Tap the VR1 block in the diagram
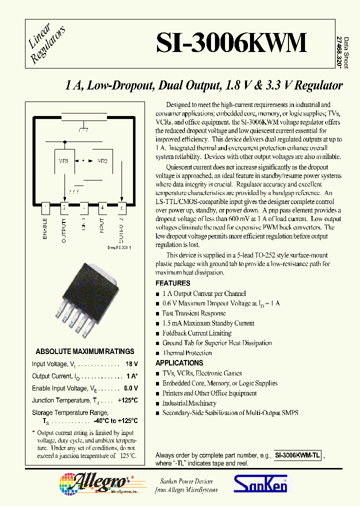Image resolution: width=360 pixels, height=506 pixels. (64, 161)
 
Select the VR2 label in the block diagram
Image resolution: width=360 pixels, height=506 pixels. (102, 161)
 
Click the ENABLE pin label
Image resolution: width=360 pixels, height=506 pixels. (45, 228)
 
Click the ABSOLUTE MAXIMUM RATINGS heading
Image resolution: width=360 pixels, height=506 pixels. (85, 351)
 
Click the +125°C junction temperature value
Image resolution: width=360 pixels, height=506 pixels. (127, 400)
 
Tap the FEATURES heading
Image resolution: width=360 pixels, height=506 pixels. (172, 283)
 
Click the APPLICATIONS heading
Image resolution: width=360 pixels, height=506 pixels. (179, 363)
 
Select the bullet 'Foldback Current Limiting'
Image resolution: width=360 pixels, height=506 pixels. (196, 333)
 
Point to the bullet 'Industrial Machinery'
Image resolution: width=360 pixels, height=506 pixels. (189, 403)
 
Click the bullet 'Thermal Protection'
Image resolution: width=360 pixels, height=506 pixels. (187, 353)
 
